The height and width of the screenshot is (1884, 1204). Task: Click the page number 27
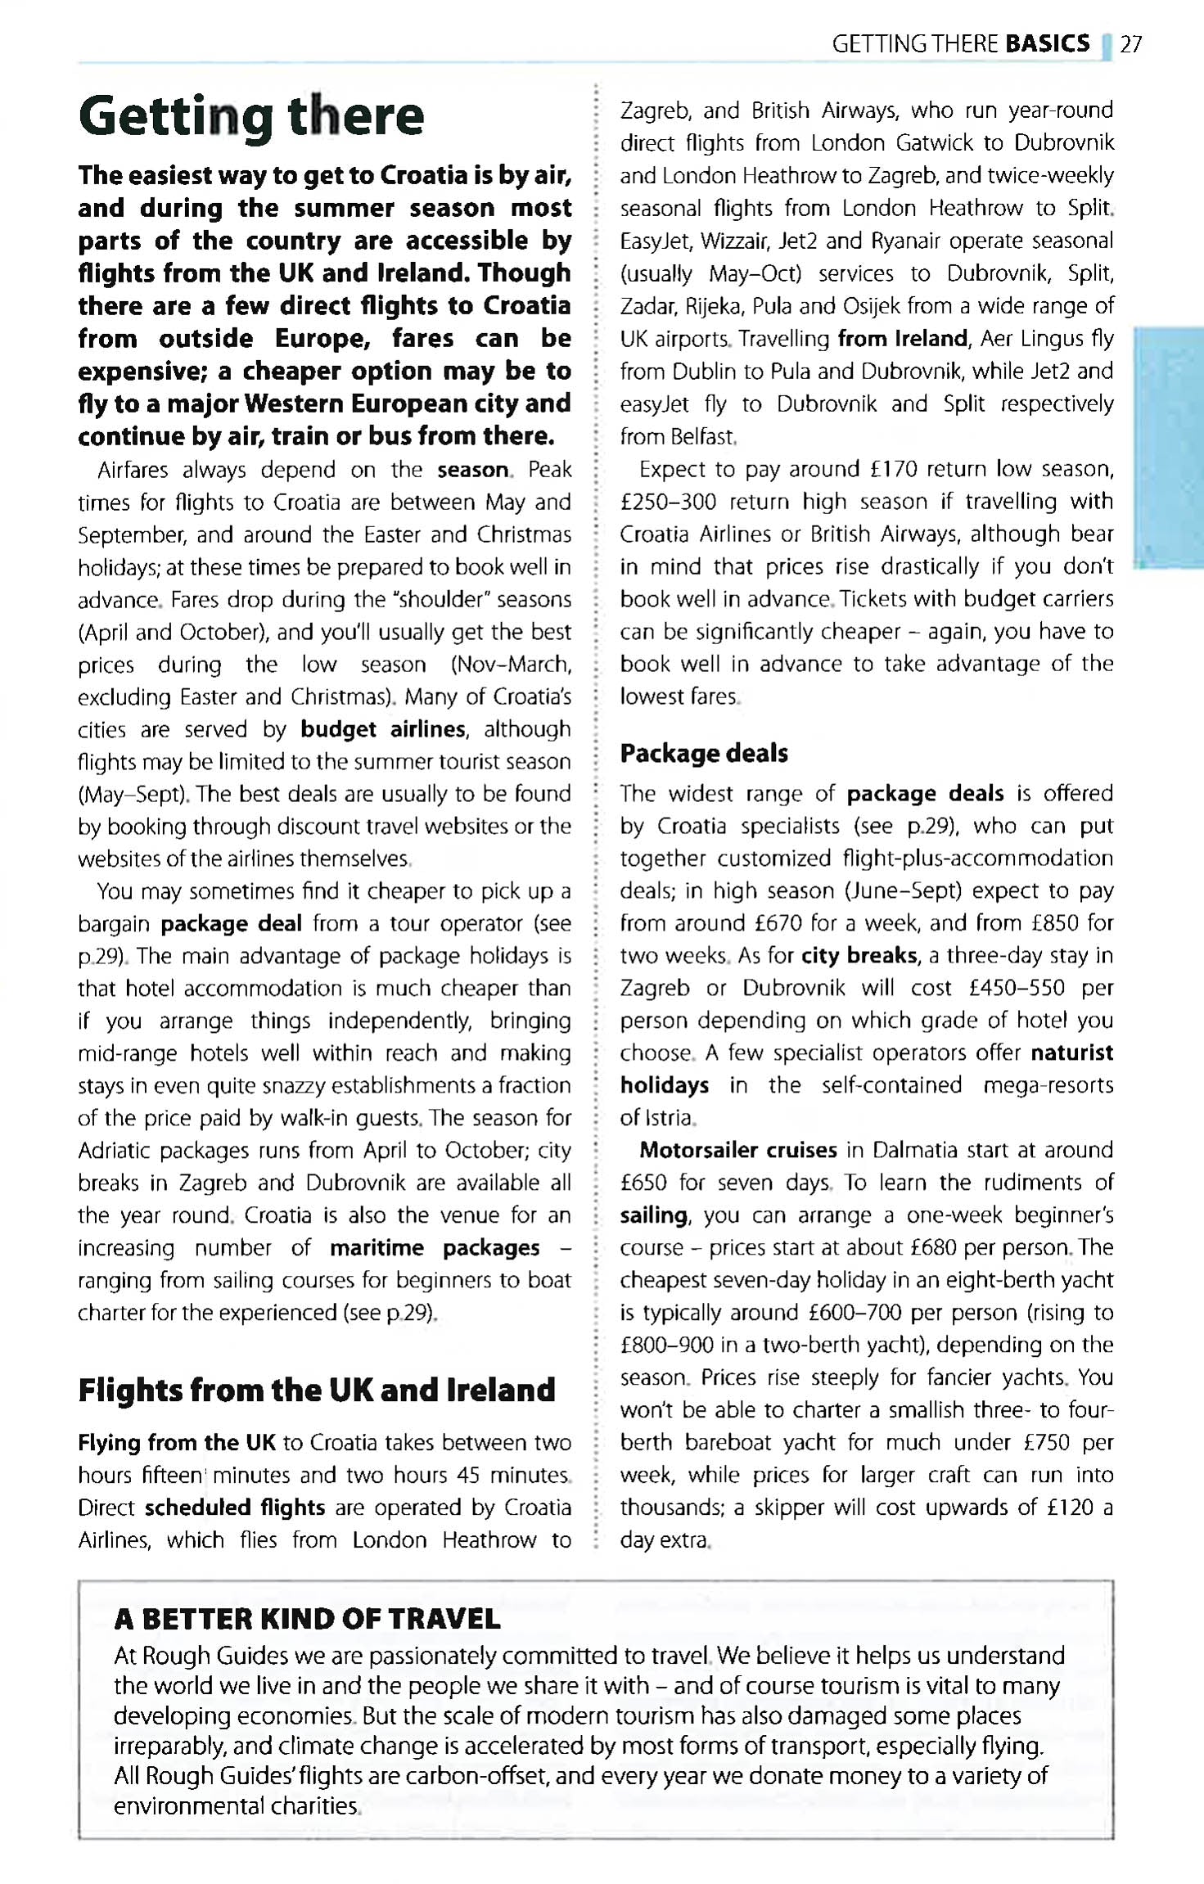tap(1131, 44)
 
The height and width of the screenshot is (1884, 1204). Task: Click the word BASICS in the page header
tap(1047, 43)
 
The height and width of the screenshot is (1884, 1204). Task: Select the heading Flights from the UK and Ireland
tap(317, 1390)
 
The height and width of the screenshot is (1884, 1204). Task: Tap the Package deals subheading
tap(704, 753)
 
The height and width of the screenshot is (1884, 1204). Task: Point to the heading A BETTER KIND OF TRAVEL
tap(307, 1619)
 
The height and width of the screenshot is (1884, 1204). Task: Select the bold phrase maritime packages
tap(435, 1248)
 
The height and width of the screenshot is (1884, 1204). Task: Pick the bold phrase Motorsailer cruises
tap(738, 1150)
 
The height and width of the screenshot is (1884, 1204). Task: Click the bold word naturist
tap(1072, 1052)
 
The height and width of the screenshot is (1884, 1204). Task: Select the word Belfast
tap(702, 436)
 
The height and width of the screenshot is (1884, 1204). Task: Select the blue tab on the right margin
tap(1168, 446)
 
